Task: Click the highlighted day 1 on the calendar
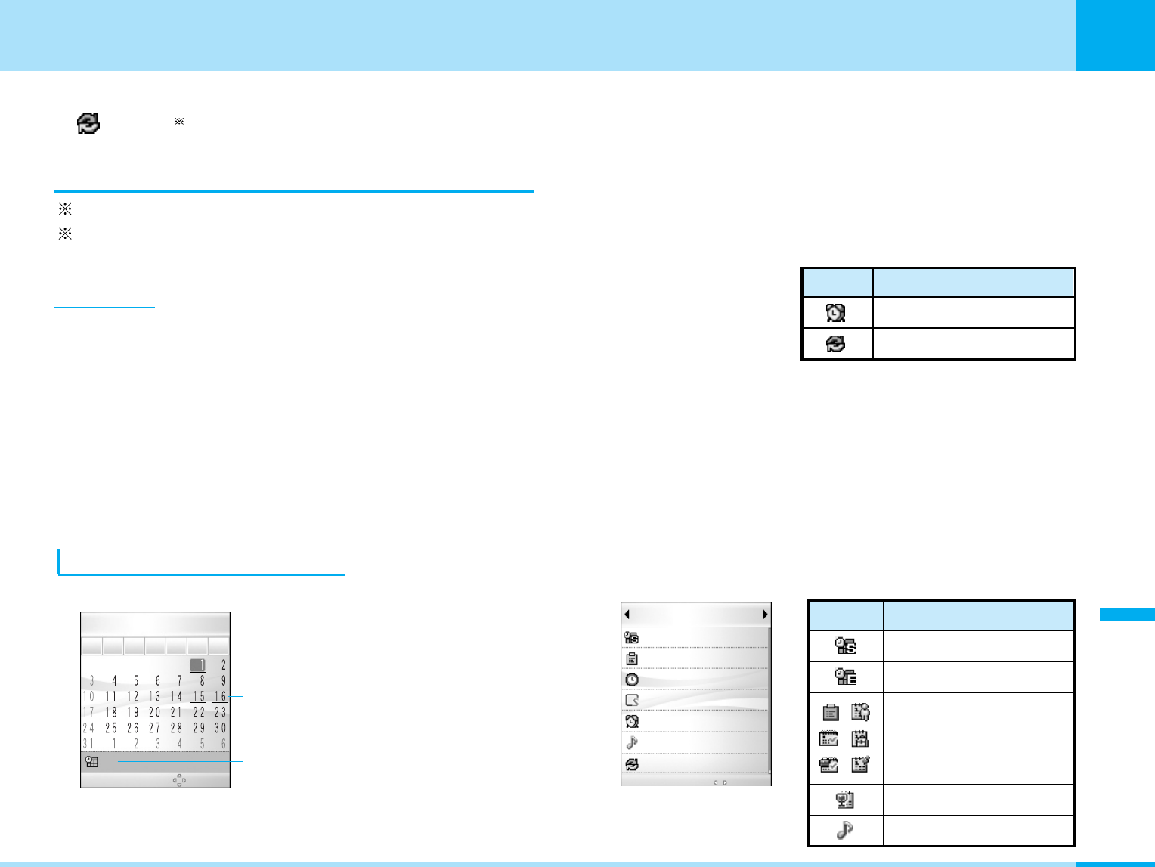[x=198, y=665]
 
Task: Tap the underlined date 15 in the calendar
[x=198, y=696]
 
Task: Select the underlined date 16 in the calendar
[x=220, y=696]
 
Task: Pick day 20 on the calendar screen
[x=154, y=712]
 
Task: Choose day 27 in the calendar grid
[x=154, y=728]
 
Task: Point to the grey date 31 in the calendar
[x=88, y=744]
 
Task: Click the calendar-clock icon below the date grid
[x=91, y=762]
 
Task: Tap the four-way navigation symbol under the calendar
[x=179, y=780]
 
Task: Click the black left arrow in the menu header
[x=627, y=614]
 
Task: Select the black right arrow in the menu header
[x=765, y=614]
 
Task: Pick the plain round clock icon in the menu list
[x=632, y=680]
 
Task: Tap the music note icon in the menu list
[x=632, y=743]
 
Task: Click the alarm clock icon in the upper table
[x=835, y=312]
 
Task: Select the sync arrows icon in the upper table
[x=835, y=344]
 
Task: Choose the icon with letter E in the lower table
[x=845, y=677]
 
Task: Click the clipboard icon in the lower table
[x=830, y=712]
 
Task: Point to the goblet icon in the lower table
[x=845, y=800]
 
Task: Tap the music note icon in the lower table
[x=845, y=830]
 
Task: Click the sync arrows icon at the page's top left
[x=88, y=123]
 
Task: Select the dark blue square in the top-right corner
[x=1115, y=36]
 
